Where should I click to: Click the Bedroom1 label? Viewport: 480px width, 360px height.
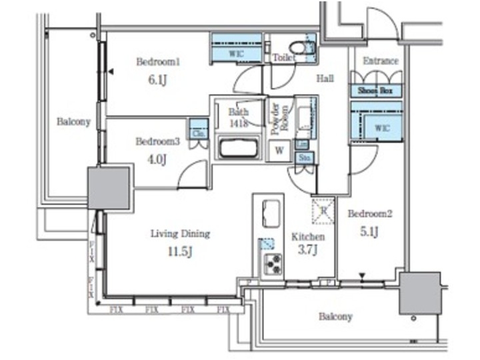[159, 62]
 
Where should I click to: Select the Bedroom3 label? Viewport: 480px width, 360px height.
[158, 141]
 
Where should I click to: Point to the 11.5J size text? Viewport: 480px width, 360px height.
[179, 251]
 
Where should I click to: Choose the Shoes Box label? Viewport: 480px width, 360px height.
[376, 91]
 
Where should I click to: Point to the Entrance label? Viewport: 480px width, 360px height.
[381, 61]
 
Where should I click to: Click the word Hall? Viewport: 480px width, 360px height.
[325, 79]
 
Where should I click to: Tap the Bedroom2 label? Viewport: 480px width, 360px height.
[370, 215]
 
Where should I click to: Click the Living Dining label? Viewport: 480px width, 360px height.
[180, 234]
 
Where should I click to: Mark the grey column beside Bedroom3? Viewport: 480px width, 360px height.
[109, 187]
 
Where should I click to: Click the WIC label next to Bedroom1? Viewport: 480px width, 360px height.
[235, 52]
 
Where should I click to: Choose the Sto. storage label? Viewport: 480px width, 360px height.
[304, 158]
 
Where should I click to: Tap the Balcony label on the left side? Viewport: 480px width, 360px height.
[73, 122]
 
